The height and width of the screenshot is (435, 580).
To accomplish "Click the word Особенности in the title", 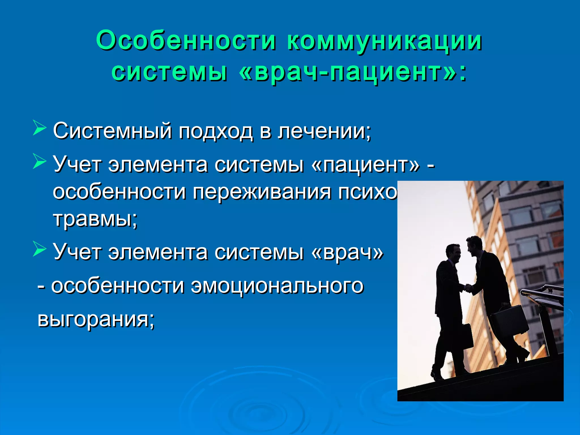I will [x=185, y=40].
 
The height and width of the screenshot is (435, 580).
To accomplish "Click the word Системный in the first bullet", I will [x=112, y=131].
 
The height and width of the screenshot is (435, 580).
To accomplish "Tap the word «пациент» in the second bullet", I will [x=365, y=165].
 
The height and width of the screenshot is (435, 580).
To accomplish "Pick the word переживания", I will [x=262, y=192].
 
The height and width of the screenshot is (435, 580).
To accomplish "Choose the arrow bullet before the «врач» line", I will [x=39, y=248].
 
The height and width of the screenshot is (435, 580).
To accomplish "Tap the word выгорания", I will [x=96, y=319].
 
